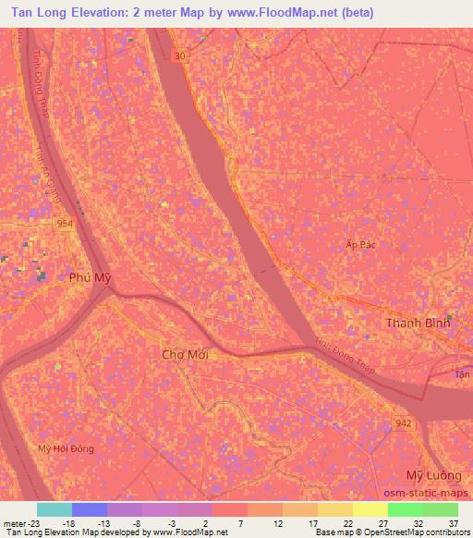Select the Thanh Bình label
pyautogui.click(x=416, y=324)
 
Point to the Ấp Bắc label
pyautogui.click(x=360, y=244)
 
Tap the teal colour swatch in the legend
pyautogui.click(x=54, y=509)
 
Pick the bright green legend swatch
pyautogui.click(x=405, y=509)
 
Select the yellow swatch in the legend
pyautogui.click(x=334, y=509)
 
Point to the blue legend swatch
pyautogui.click(x=89, y=509)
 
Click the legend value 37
pyautogui.click(x=452, y=522)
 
